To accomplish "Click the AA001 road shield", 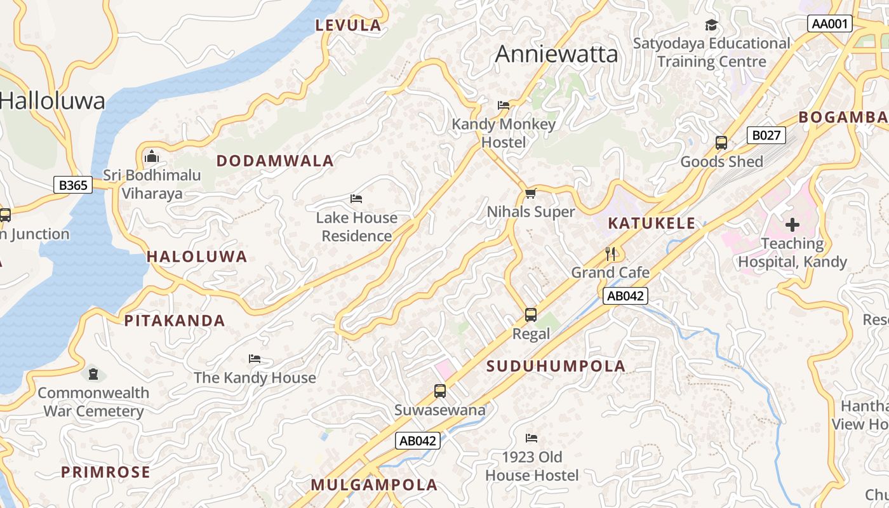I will (x=830, y=24).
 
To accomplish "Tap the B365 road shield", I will (x=72, y=185).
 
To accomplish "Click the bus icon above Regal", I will (x=531, y=314).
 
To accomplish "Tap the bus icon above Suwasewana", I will (x=440, y=391).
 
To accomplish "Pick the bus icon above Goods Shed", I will (x=721, y=142).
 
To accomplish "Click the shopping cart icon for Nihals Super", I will (x=531, y=192).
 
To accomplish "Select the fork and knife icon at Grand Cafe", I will (x=611, y=253).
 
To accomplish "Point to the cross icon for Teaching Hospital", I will (x=792, y=224).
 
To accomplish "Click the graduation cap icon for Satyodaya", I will (x=711, y=25).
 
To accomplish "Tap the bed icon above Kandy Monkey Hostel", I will (x=504, y=105).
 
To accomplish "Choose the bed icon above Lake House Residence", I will (x=356, y=198).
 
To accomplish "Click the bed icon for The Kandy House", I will (x=255, y=358).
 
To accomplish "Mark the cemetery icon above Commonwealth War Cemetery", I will (x=93, y=373).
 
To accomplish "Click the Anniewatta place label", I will (x=556, y=54).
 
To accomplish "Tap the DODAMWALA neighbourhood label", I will (x=275, y=161).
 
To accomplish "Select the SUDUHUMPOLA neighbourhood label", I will (x=556, y=366).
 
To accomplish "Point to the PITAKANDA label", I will (x=175, y=321).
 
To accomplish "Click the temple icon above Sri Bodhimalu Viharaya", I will (x=152, y=156).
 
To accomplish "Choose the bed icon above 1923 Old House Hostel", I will (x=531, y=438).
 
